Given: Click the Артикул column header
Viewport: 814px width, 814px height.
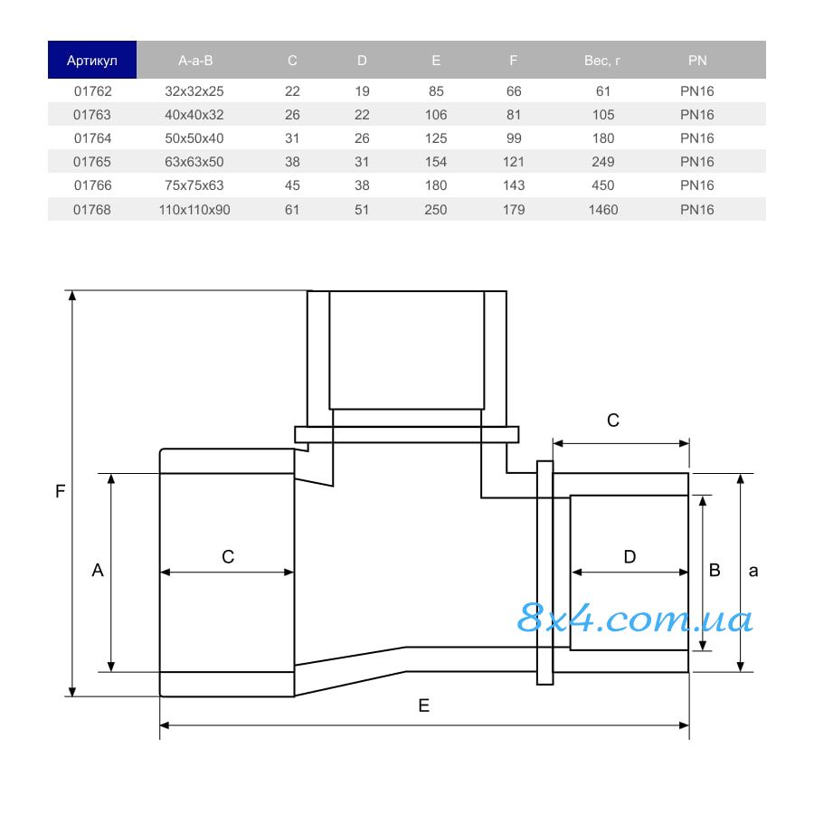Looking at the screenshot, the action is (x=92, y=61).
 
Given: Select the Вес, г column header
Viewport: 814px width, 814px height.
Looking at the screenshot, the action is (x=602, y=61).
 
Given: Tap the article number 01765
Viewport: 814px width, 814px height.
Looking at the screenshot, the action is (x=92, y=162).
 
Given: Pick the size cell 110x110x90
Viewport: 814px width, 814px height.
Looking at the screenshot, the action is (x=194, y=210).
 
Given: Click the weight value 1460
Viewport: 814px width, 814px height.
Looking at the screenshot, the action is (x=602, y=210).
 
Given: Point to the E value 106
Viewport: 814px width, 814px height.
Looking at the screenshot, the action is (x=436, y=115).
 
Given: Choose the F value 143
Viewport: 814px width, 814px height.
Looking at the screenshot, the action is (x=514, y=185).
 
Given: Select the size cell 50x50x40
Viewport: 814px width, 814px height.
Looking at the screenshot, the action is (x=194, y=138).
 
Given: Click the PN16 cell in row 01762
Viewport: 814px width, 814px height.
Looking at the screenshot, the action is (x=696, y=91).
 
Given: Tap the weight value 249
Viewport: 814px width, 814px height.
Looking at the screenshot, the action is (x=602, y=162).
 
